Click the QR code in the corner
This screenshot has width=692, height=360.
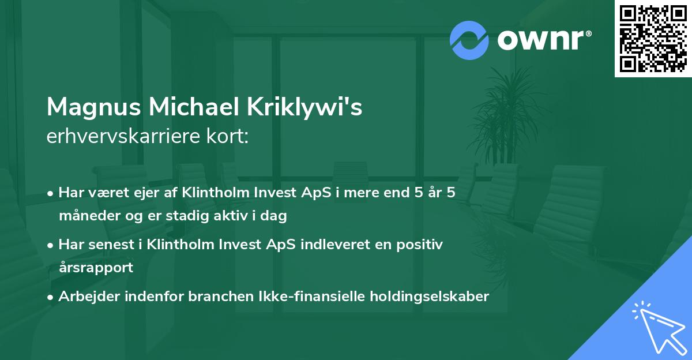point(653,39)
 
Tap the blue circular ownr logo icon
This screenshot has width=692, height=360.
point(469,40)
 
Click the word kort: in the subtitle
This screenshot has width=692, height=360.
point(228,137)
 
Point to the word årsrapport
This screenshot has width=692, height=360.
point(96,268)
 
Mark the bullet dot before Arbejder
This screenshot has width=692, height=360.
point(51,297)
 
